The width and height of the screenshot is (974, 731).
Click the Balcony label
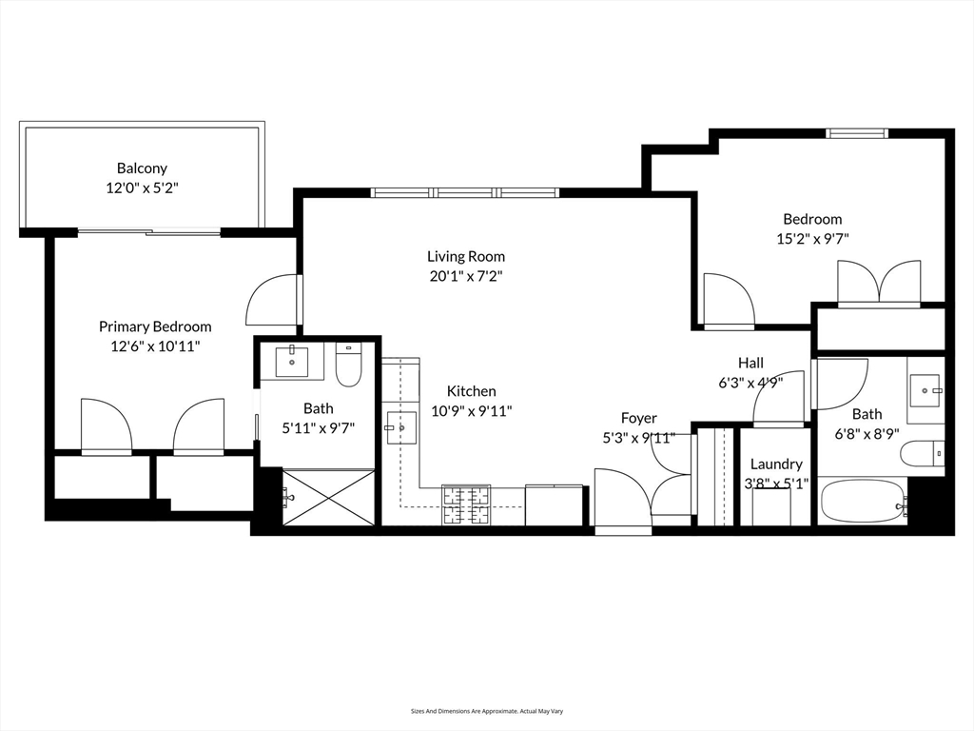click(x=142, y=168)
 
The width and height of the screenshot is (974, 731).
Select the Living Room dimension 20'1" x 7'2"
click(x=465, y=277)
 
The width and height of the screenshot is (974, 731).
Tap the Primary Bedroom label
click(x=155, y=326)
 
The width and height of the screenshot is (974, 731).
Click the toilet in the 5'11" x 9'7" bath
click(x=349, y=365)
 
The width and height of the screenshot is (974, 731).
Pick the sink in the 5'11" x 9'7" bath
click(x=292, y=362)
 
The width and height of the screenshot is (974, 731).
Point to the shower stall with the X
click(x=328, y=496)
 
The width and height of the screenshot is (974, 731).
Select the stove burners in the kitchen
click(x=466, y=504)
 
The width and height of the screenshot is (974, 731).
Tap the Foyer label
click(x=638, y=418)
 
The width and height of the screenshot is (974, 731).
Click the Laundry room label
click(x=776, y=464)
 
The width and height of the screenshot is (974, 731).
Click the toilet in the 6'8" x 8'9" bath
click(x=923, y=454)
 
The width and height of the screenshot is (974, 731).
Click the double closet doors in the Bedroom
click(x=879, y=283)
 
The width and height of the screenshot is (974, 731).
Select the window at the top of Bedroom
click(x=856, y=133)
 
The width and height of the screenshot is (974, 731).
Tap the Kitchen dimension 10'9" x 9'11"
click(x=472, y=411)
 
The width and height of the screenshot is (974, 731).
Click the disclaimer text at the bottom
click(x=486, y=711)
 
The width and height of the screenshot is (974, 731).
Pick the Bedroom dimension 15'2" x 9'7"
click(x=812, y=240)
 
